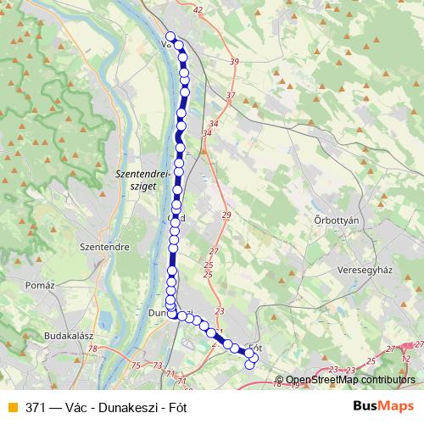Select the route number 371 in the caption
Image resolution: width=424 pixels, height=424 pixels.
[x=36, y=405]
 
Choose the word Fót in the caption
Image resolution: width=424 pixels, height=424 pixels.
[x=178, y=405]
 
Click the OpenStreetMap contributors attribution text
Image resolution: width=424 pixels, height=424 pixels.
[x=349, y=380]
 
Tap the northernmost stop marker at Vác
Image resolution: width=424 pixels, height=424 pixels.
[x=170, y=36]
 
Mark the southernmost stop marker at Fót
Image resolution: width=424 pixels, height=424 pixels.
[x=249, y=365]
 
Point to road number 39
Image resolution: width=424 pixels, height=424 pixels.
[x=234, y=62]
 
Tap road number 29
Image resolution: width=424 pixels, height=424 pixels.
[x=226, y=215]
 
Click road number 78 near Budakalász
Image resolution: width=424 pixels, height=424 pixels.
[x=92, y=349]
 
